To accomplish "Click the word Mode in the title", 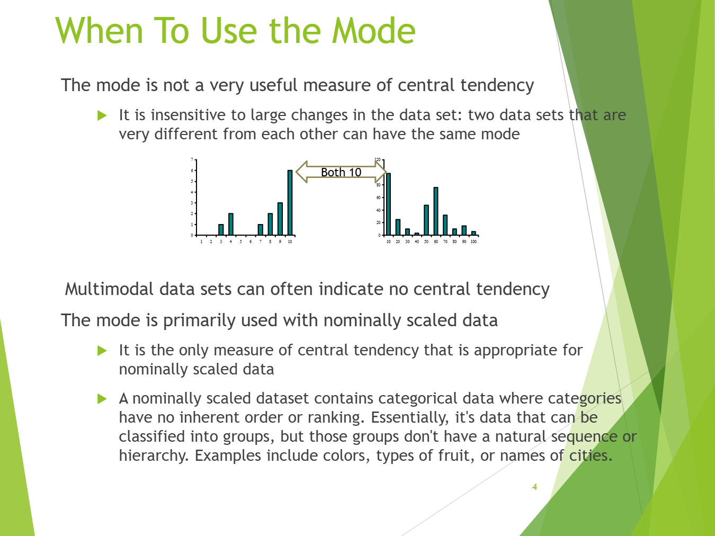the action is [x=373, y=31].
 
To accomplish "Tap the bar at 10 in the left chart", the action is [x=290, y=202].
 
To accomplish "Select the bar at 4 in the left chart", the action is [x=231, y=224].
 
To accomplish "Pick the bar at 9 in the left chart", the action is [x=280, y=219].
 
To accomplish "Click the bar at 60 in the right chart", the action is [x=436, y=211].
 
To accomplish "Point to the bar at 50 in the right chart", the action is [x=426, y=220].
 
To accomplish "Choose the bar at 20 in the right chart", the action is [x=398, y=227].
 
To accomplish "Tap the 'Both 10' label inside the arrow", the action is [x=341, y=172].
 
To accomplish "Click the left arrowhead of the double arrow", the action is [x=302, y=172].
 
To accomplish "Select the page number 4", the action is [x=534, y=487].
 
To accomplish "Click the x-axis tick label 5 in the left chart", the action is [x=241, y=242].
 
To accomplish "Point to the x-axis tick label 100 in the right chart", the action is [x=473, y=242].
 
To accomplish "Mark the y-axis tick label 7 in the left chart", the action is [x=192, y=159].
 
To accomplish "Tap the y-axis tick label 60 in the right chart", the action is [x=379, y=198].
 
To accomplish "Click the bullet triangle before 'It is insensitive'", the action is [x=102, y=115].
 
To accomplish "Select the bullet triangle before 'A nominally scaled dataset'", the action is [x=102, y=399].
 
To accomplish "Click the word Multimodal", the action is [x=109, y=289].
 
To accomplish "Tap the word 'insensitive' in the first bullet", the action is [x=188, y=115].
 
